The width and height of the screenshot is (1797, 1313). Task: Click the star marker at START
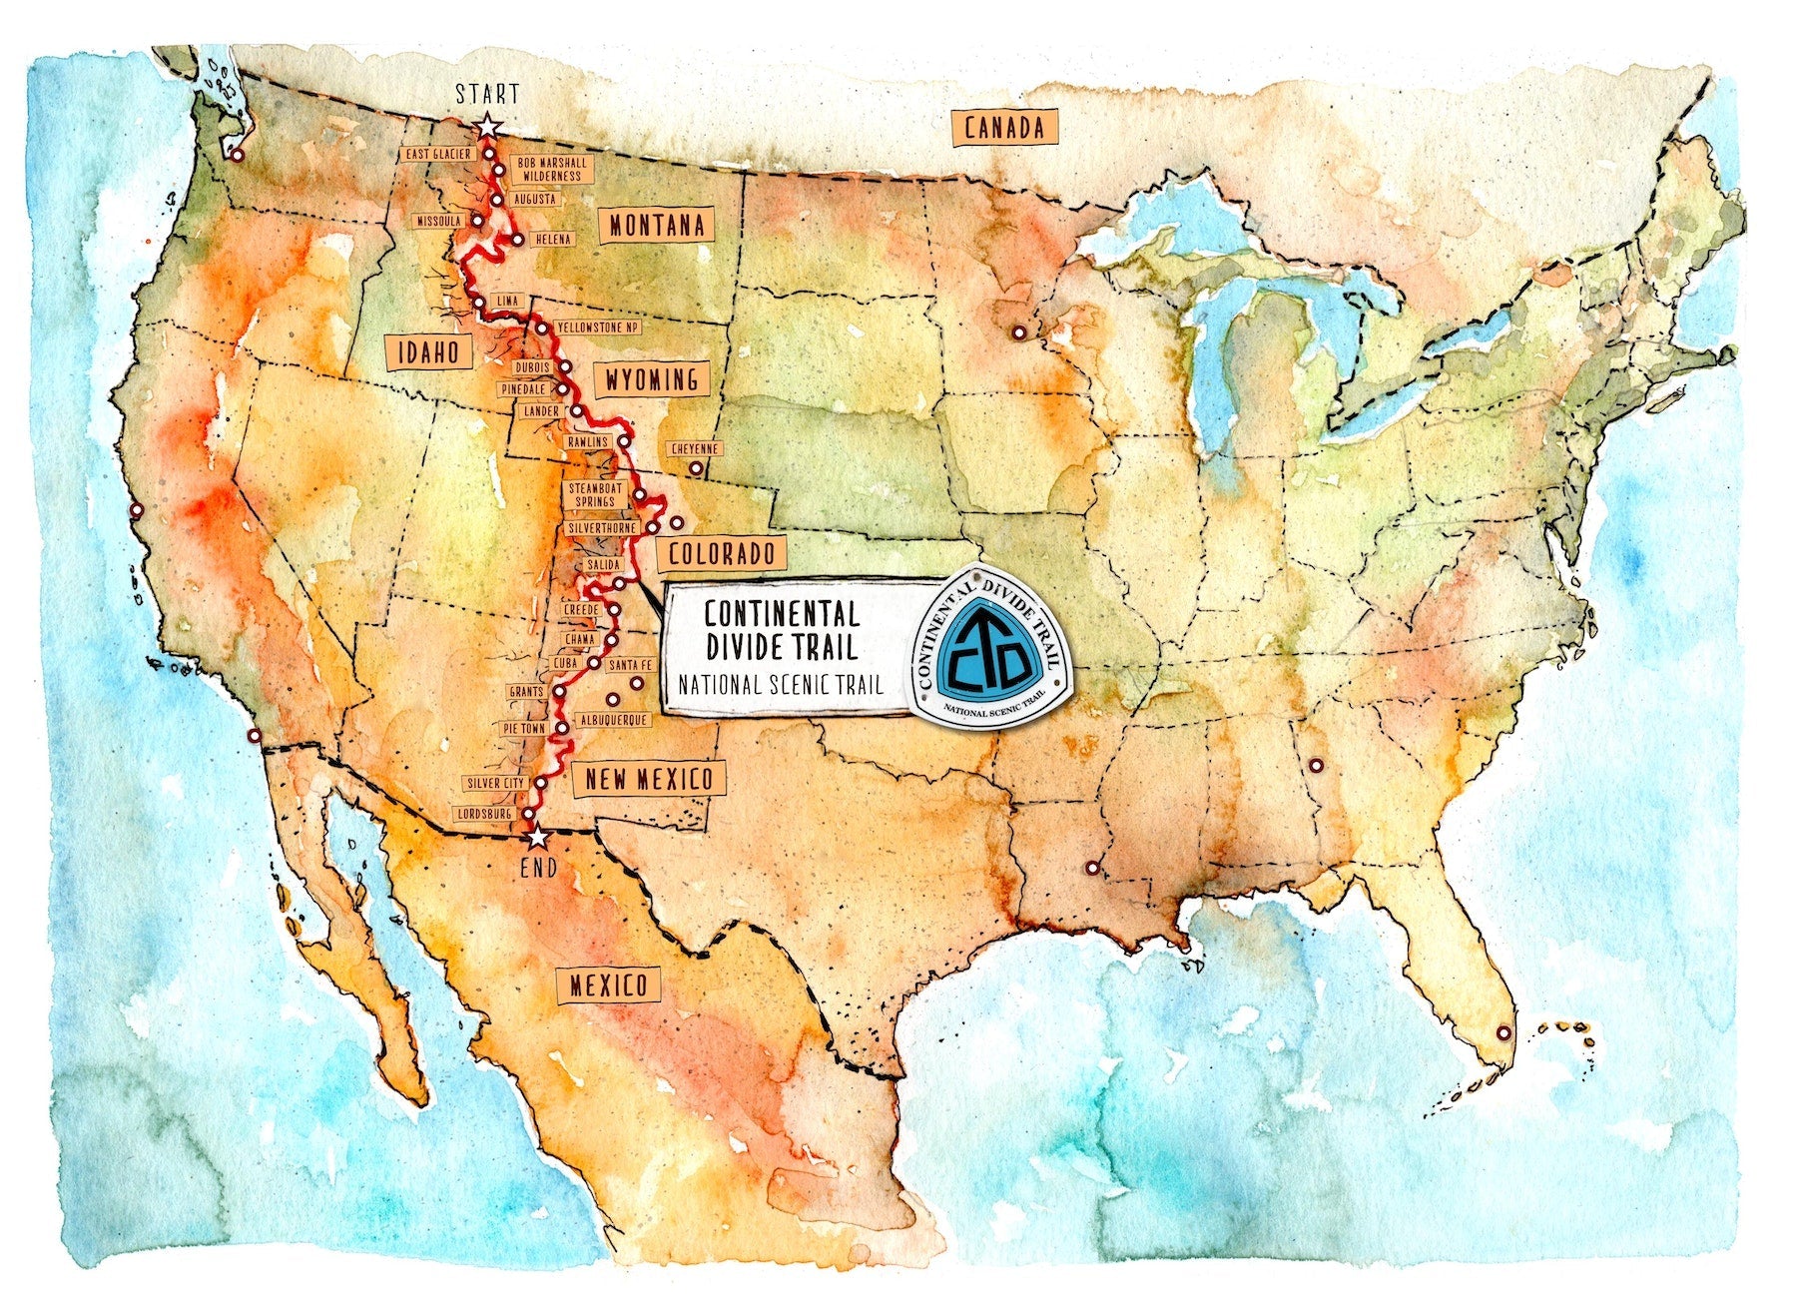point(487,127)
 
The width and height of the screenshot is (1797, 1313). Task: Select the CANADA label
point(1005,128)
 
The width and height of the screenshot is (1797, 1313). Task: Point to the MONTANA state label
point(657,226)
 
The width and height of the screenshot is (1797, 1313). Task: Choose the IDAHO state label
point(428,351)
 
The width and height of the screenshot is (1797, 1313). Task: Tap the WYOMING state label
point(652,379)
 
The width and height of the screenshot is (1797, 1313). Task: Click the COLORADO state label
point(721,553)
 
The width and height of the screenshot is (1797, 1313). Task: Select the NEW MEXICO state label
point(649,780)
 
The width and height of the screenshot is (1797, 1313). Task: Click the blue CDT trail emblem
point(987,646)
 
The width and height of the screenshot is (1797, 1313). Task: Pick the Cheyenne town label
point(696,449)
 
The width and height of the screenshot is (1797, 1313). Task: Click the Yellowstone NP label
point(598,328)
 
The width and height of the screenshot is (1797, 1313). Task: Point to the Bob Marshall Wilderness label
point(551,170)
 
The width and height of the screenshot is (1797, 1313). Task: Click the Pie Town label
point(524,729)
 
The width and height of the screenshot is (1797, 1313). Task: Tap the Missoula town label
point(439,220)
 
